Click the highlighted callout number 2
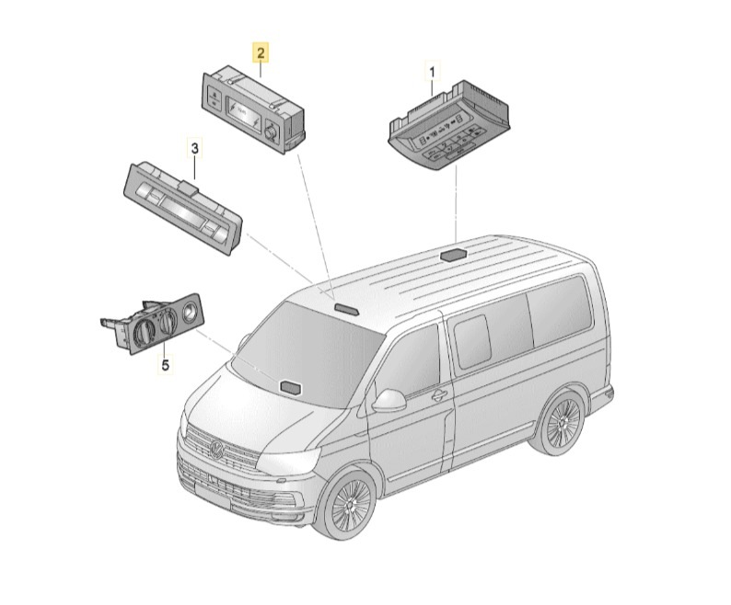pos(261,52)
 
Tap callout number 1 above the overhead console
pos(432,73)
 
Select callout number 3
pos(195,149)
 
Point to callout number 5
pos(166,366)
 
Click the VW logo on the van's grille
pos(217,451)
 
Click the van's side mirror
pos(389,401)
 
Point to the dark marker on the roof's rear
pos(453,255)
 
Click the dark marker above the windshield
pos(345,307)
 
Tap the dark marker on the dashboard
pos(290,386)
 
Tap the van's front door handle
pos(439,395)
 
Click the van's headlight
pos(289,459)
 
